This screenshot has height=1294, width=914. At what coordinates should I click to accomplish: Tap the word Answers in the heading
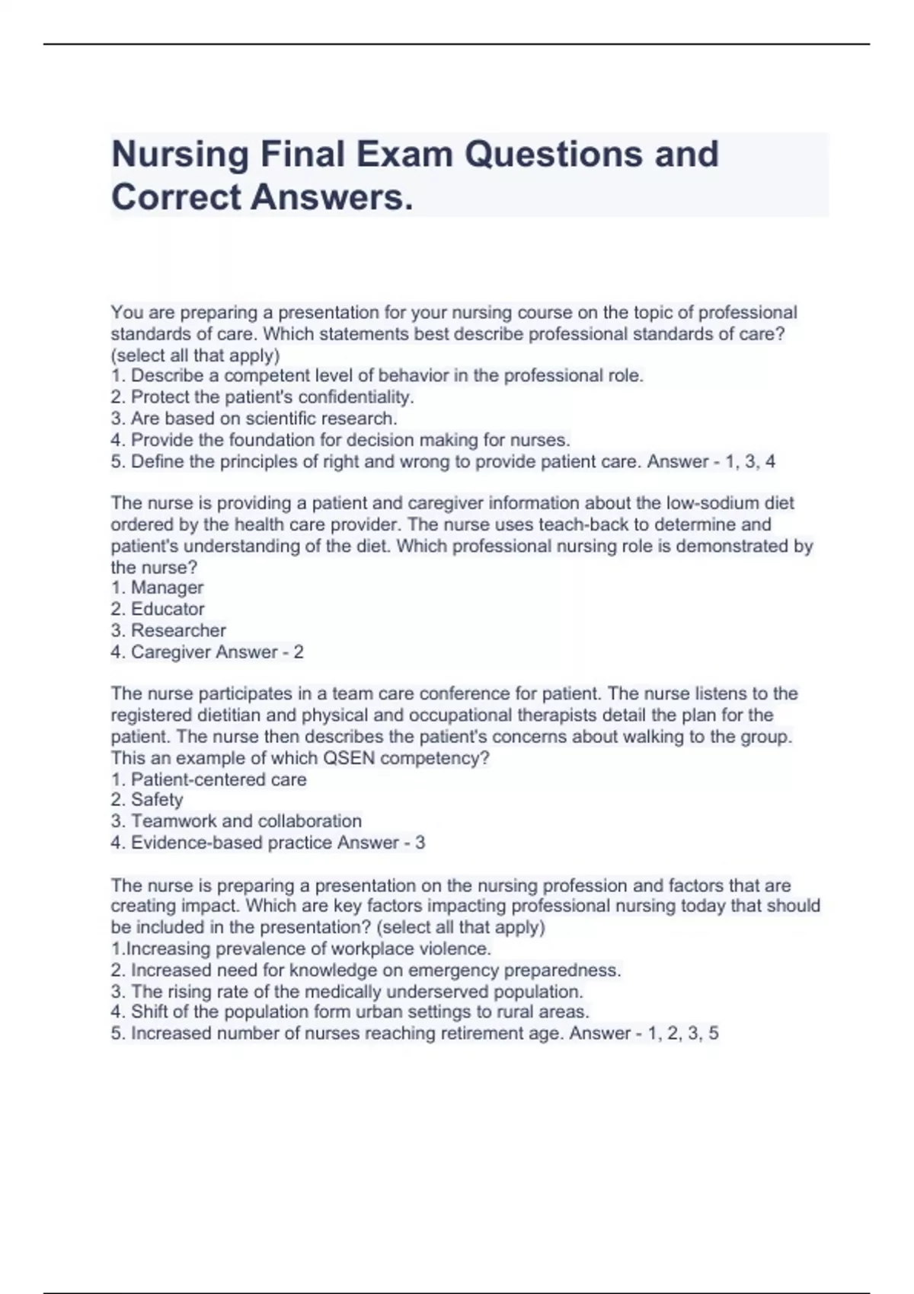coord(332,198)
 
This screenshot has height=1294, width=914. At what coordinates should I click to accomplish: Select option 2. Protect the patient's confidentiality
coord(262,397)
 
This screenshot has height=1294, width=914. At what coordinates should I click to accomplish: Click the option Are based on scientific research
coord(254,419)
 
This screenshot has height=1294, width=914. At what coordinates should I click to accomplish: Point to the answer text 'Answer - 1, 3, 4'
coord(711,461)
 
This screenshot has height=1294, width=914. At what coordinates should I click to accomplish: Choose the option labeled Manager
coord(157,588)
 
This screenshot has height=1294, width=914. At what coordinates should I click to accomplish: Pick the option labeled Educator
coord(158,609)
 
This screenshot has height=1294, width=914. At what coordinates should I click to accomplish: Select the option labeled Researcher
coord(168,630)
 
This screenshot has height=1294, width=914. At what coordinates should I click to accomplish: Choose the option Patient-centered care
coord(209,779)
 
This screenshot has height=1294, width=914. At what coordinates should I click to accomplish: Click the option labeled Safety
coord(147,800)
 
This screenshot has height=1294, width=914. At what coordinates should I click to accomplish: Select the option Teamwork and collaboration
coord(236,821)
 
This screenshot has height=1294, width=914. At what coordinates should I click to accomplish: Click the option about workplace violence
coord(301,949)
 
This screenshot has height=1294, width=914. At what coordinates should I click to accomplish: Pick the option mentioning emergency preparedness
coord(366,971)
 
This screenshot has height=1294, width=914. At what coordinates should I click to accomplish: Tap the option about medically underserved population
coord(347,992)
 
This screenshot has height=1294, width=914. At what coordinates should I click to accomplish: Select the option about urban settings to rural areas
coord(350,1012)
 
